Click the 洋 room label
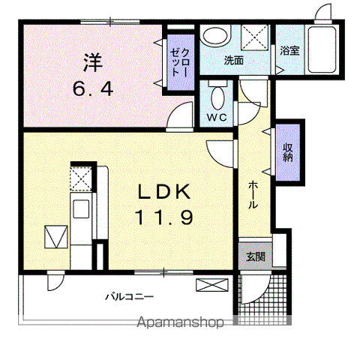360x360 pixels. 93,62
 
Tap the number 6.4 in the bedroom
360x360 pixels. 93,89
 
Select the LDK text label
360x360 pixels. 164,191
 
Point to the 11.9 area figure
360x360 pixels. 164,217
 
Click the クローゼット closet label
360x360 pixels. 180,62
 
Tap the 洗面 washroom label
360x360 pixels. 233,60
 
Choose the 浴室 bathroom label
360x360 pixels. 289,51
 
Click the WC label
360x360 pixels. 217,117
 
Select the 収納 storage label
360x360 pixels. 288,152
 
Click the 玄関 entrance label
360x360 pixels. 256,256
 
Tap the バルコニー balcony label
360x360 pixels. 129,297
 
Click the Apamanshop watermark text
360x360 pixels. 180,322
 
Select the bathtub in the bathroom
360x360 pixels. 322,49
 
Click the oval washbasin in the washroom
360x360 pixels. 217,35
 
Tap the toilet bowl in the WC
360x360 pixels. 217,97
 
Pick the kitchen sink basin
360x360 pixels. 81,208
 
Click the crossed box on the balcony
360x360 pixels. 212,285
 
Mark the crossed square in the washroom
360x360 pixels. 254,37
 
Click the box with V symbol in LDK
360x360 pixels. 56,237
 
